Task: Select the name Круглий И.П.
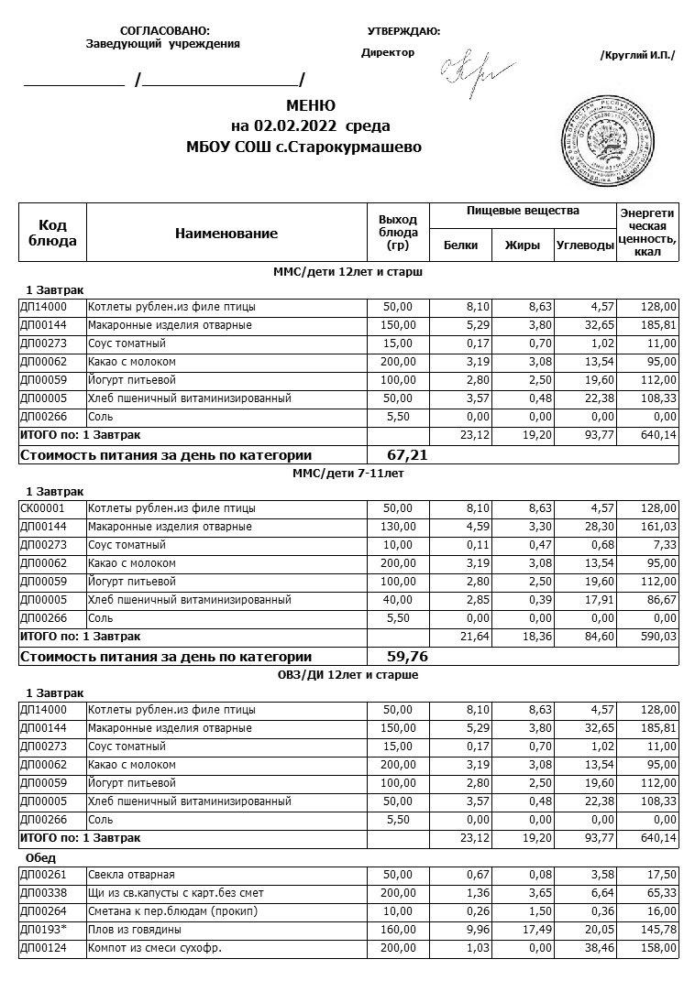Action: (637, 56)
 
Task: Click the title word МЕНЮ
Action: (311, 105)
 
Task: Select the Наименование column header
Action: (226, 234)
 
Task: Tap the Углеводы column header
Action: (585, 245)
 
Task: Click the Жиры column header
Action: (523, 245)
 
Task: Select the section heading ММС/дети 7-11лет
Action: (347, 474)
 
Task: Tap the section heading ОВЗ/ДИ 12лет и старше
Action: (347, 675)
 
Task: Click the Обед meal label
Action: (41, 858)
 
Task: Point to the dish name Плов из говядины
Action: (129, 930)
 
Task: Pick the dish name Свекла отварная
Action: (131, 875)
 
